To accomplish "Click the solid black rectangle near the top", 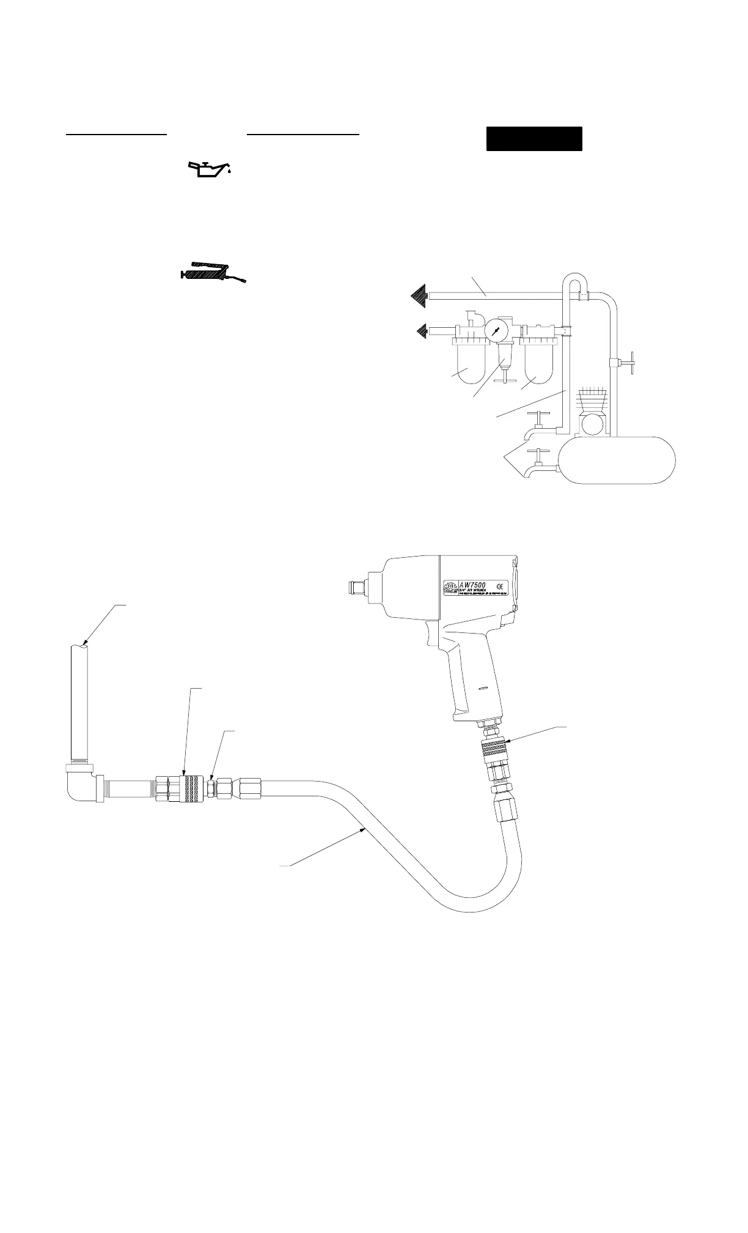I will [x=533, y=139].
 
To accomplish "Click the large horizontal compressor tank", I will [x=618, y=459].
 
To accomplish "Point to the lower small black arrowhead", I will [x=422, y=331].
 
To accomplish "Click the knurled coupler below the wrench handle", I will [x=493, y=748].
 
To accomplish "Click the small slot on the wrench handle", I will [x=483, y=689].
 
